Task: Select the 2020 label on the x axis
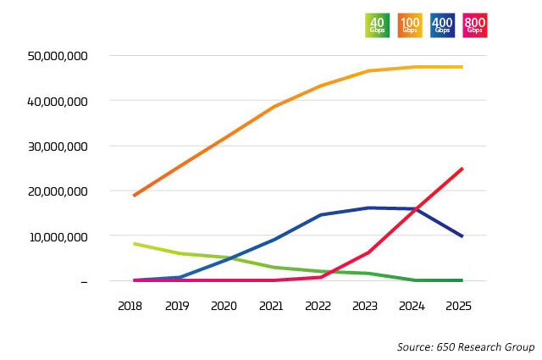[x=224, y=305]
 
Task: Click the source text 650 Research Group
[x=466, y=347]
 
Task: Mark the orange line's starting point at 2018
[x=135, y=196]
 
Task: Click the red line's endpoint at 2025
[x=462, y=169]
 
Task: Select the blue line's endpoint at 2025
[x=462, y=236]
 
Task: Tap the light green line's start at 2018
[x=135, y=244]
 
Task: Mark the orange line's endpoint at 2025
[x=462, y=66]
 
